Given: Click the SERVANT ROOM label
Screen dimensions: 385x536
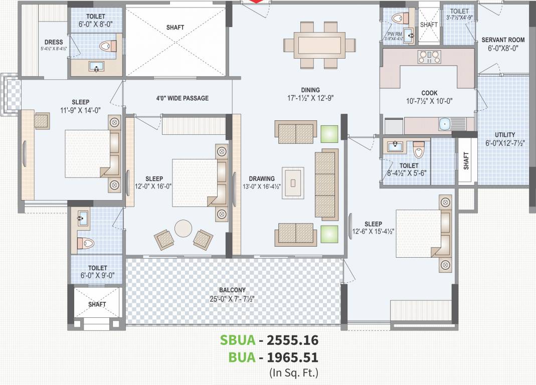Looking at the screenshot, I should coord(503,40).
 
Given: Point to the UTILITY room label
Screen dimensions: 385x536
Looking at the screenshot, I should coord(504,135).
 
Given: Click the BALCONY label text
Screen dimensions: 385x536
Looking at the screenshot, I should coord(232,290).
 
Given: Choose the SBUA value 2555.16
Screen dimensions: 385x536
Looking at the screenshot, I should coord(292,340).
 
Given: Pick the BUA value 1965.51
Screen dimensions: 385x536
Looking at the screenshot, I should coord(292,357).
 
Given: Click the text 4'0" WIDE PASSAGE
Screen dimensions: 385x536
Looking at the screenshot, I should coord(182,98).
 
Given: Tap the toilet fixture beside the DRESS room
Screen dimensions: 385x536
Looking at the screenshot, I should coord(109,46).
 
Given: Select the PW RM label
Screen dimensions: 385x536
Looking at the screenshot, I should coord(391,35).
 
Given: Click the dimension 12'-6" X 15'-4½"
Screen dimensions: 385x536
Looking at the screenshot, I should coord(373,232).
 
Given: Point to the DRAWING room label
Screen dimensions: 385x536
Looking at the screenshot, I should coord(262,178).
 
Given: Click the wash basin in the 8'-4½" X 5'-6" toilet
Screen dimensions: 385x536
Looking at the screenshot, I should coord(395,146).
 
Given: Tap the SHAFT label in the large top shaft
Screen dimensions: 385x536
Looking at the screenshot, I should coord(174,28).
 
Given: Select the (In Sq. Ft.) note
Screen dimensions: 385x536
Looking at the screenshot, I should coord(293,372).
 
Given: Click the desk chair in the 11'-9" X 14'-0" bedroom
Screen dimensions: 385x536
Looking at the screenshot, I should coord(42,121).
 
